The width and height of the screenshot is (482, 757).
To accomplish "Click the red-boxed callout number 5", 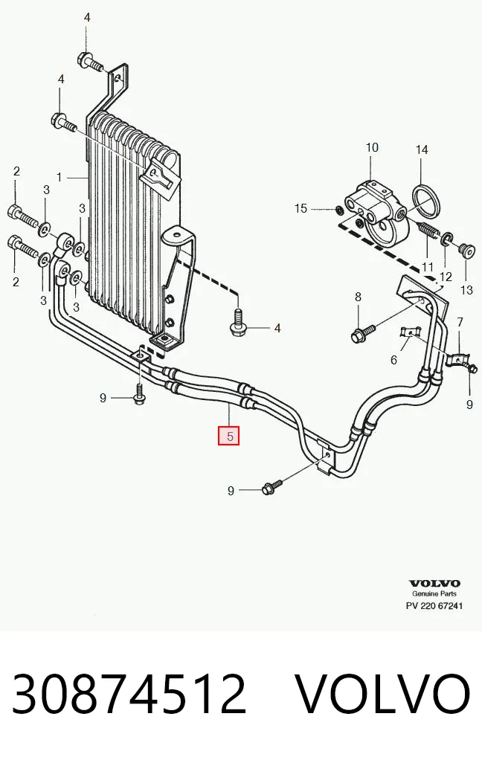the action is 229,436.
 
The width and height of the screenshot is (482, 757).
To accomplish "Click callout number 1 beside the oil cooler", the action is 60,178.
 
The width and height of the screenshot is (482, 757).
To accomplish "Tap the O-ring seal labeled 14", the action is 427,202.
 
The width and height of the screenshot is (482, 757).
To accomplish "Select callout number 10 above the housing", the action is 372,148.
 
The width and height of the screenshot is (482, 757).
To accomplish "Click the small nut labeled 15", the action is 339,210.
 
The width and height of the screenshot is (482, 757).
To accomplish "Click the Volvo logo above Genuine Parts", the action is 434,583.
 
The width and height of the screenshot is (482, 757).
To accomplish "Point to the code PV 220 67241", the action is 434,605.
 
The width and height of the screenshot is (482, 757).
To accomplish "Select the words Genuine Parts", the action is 434,594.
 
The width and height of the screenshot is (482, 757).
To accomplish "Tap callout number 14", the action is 422,149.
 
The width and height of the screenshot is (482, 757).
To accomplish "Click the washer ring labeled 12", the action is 447,238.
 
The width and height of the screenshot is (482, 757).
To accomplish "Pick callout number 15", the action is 301,208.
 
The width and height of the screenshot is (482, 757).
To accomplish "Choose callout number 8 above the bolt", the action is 358,297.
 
